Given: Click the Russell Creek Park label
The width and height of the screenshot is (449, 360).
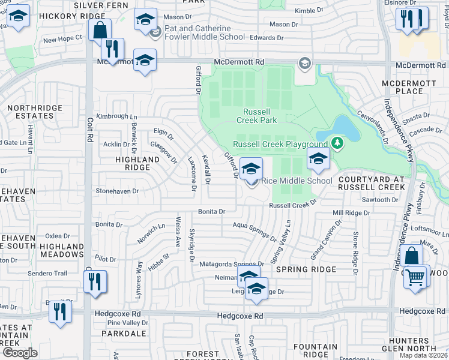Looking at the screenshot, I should [x=260, y=116].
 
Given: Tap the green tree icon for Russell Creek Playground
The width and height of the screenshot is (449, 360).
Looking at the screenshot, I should [x=337, y=143].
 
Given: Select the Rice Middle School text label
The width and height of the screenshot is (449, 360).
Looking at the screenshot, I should [x=297, y=181].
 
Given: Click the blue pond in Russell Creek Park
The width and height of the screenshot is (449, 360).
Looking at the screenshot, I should [x=340, y=128].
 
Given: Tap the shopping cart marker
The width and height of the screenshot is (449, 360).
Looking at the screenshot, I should [x=415, y=277].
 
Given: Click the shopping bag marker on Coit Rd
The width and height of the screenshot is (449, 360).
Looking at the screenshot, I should [x=100, y=29].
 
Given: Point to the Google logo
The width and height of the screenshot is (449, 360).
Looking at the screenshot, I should [x=20, y=353].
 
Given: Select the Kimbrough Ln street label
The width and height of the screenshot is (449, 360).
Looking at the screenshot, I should [x=116, y=116].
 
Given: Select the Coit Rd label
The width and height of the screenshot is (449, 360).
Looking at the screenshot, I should [x=89, y=127].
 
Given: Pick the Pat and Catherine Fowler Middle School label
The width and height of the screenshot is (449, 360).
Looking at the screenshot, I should [x=197, y=33].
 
